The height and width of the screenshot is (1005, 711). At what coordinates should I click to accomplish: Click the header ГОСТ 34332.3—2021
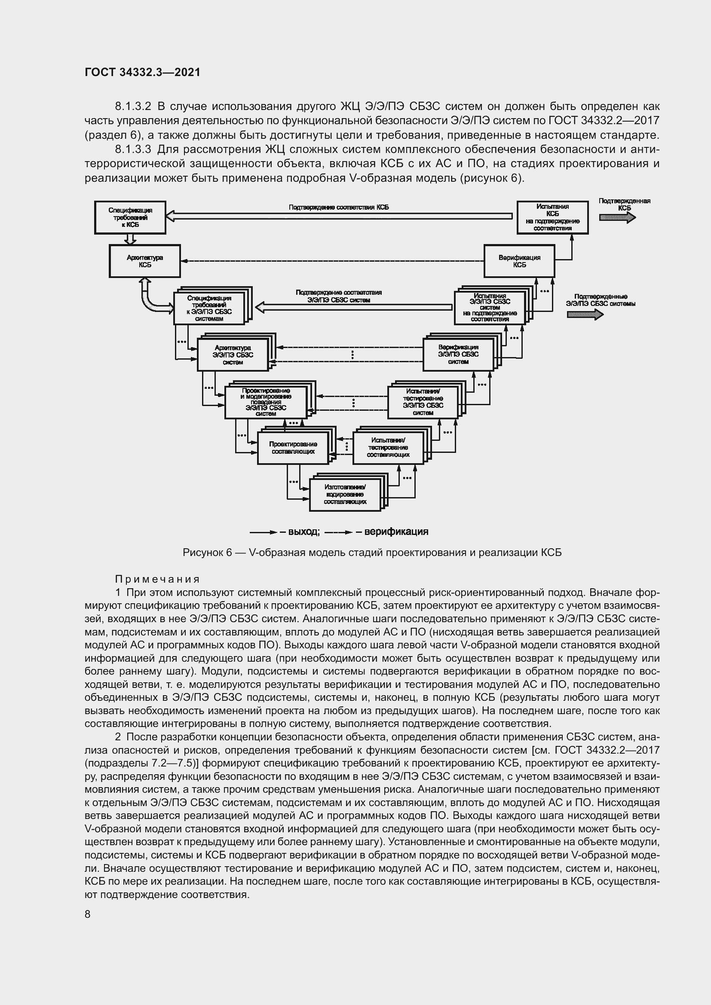(x=142, y=73)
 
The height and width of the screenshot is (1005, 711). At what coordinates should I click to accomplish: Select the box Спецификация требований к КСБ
(x=130, y=217)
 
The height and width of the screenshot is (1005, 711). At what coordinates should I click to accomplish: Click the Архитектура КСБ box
(x=144, y=261)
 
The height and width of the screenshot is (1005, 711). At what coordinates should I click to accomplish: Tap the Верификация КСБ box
(x=519, y=261)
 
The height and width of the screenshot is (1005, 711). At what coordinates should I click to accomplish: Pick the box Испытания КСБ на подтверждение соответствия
(x=552, y=217)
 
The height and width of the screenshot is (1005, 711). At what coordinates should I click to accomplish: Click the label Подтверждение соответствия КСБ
(x=338, y=207)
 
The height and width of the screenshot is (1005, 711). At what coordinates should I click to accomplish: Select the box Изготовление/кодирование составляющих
(x=345, y=495)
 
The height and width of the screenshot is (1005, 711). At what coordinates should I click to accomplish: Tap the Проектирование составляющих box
(x=293, y=447)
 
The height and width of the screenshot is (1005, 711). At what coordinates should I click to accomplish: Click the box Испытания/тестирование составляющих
(x=388, y=447)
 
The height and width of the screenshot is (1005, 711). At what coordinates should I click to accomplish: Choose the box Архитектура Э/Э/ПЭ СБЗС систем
(x=233, y=355)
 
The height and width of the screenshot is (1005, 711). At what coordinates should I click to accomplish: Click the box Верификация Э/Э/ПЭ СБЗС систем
(x=458, y=354)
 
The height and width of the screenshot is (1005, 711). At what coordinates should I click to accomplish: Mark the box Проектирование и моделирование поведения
(x=266, y=402)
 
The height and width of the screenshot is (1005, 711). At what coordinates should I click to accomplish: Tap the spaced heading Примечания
(x=157, y=579)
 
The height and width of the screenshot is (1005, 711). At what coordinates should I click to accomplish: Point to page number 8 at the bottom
(x=88, y=914)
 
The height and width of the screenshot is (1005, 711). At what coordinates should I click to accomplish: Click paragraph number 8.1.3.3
(x=133, y=149)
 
